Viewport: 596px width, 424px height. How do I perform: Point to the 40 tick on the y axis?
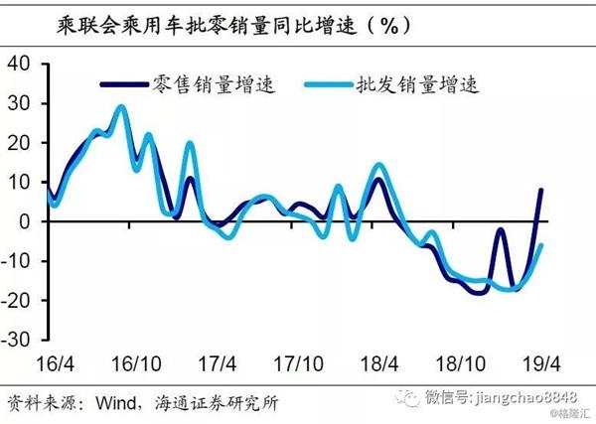point(23,65)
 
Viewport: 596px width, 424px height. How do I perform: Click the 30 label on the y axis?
point(23,104)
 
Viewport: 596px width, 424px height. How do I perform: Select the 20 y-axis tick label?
point(23,143)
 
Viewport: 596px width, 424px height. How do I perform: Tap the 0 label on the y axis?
point(28,221)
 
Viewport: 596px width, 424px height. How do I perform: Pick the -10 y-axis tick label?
point(20,261)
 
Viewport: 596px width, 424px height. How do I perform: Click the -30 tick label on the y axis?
point(20,339)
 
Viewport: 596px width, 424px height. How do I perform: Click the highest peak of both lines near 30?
point(120,106)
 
